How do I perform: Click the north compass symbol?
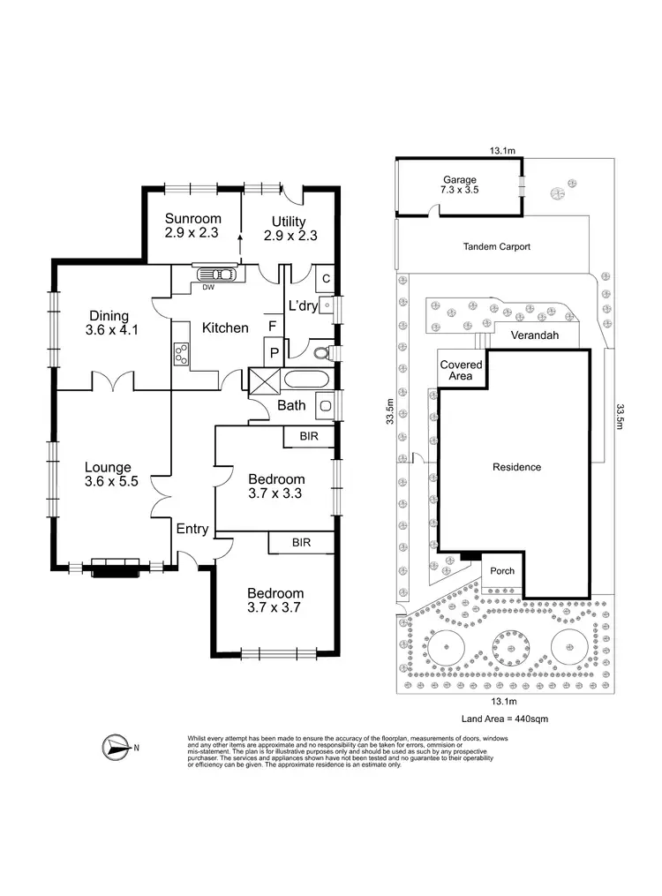(115, 747)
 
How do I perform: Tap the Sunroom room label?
(192, 228)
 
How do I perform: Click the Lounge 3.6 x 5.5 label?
(108, 475)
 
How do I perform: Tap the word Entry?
(192, 530)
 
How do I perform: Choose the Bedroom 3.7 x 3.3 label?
(275, 486)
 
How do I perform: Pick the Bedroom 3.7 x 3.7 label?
(275, 601)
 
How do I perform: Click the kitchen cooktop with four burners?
(182, 354)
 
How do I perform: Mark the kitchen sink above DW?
(214, 275)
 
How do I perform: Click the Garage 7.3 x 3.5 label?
(458, 184)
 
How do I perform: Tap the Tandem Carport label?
(496, 247)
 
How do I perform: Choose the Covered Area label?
(462, 370)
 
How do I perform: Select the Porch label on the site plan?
(502, 571)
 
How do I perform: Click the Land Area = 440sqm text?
(504, 719)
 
